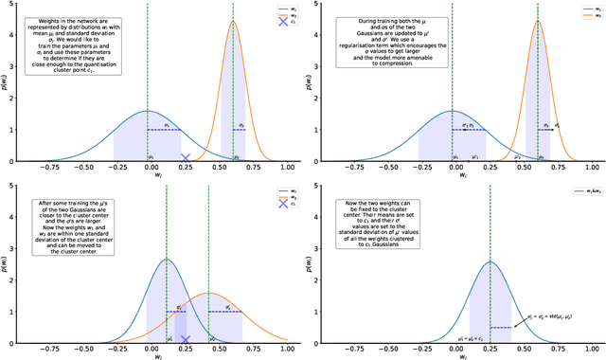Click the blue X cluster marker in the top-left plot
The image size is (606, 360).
click(186, 158)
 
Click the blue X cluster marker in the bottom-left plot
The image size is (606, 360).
click(186, 339)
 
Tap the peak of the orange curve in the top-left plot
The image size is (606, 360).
click(233, 22)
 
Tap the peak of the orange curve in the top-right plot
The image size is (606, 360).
click(538, 22)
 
